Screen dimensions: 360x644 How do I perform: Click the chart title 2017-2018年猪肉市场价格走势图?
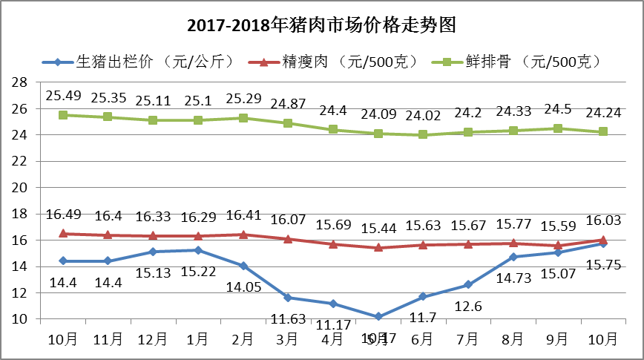321,25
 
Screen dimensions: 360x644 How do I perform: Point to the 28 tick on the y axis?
21,82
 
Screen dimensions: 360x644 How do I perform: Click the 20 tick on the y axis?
21,188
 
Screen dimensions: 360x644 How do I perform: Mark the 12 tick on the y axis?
21,293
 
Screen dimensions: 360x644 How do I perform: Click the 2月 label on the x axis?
243,339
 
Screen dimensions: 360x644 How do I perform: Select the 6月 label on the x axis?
423,339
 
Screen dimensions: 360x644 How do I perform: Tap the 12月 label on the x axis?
153,339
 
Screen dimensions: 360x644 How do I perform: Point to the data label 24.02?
423,115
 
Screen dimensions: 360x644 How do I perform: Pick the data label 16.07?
288,220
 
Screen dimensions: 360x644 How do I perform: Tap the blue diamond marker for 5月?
378,316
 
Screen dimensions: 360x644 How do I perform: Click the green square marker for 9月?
558,128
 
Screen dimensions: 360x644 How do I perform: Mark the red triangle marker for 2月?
243,235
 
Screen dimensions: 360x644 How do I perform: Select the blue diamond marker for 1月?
198,250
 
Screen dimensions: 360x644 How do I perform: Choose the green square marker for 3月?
288,123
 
